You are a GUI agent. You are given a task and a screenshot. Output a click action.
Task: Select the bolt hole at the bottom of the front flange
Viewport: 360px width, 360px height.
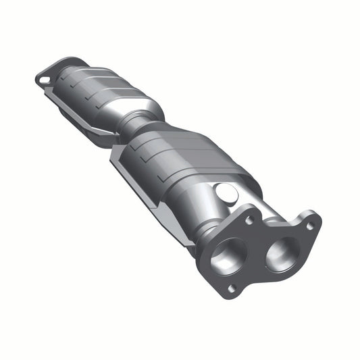[232, 288]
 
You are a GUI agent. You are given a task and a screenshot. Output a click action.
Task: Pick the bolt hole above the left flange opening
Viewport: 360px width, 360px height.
[249, 220]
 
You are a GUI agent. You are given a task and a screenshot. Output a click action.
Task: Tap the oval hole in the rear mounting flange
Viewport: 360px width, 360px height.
[45, 78]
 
